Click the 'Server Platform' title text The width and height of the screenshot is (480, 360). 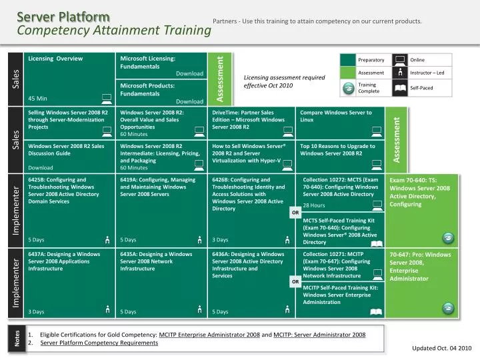pyautogui.click(x=64, y=16)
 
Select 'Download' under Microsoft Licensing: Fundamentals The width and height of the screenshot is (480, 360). pyautogui.click(x=189, y=73)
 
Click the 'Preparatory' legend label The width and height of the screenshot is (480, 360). pyautogui.click(x=371, y=60)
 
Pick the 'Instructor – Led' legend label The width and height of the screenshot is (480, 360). pyautogui.click(x=427, y=73)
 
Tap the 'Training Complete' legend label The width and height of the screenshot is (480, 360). pyautogui.click(x=369, y=87)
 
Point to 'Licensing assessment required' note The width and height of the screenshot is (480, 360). pyautogui.click(x=284, y=77)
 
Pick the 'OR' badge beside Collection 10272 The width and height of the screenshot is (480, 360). pyautogui.click(x=295, y=213)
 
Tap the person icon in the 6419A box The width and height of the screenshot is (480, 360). pyautogui.click(x=199, y=239)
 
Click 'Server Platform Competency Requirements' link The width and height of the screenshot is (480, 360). pyautogui.click(x=99, y=343)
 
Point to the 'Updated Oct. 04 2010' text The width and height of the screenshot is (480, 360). pyautogui.click(x=442, y=348)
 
